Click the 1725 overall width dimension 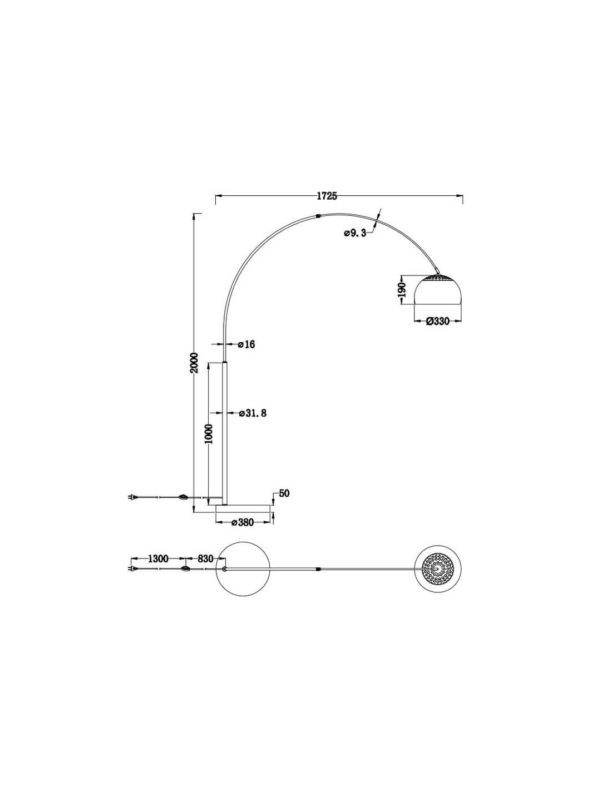tap(327, 196)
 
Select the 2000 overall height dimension tap(195, 362)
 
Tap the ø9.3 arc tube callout tap(354, 233)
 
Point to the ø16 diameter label tap(246, 344)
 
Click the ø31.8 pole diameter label tap(253, 413)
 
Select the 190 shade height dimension tap(401, 289)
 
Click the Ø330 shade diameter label tap(438, 321)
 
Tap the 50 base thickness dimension tap(284, 493)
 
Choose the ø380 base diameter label tap(243, 522)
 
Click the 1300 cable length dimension tap(158, 558)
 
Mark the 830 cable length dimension tap(205, 558)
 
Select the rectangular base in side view tap(243, 509)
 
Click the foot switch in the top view tap(185, 569)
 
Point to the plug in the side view tap(132, 497)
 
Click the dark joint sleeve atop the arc tap(319, 215)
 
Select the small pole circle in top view tap(224, 569)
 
